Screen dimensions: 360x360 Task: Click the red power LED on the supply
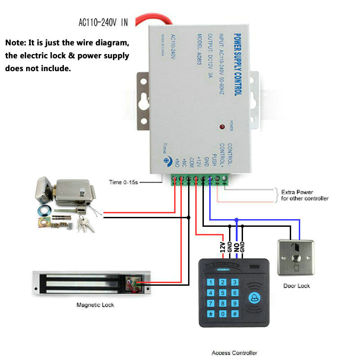pyautogui.click(x=222, y=127)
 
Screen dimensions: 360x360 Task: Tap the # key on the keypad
pyautogui.click(x=234, y=314)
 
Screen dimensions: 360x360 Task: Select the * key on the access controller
pyautogui.click(x=210, y=314)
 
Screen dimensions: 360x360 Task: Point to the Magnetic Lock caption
pyautogui.click(x=95, y=305)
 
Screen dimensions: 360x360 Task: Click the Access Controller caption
pyautogui.click(x=234, y=353)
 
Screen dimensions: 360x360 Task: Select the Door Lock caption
pyautogui.click(x=297, y=286)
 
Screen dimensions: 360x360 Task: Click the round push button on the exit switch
pyautogui.click(x=297, y=259)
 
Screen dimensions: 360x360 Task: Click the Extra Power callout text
pyautogui.click(x=305, y=195)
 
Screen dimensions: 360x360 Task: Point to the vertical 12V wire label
pyautogui.click(x=222, y=247)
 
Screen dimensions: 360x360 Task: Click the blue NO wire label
pyautogui.click(x=236, y=247)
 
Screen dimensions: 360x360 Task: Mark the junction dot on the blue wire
pyautogui.click(x=236, y=220)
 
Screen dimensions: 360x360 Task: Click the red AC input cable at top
pyautogui.click(x=153, y=19)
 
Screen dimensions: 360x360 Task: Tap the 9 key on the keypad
pyautogui.click(x=234, y=303)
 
